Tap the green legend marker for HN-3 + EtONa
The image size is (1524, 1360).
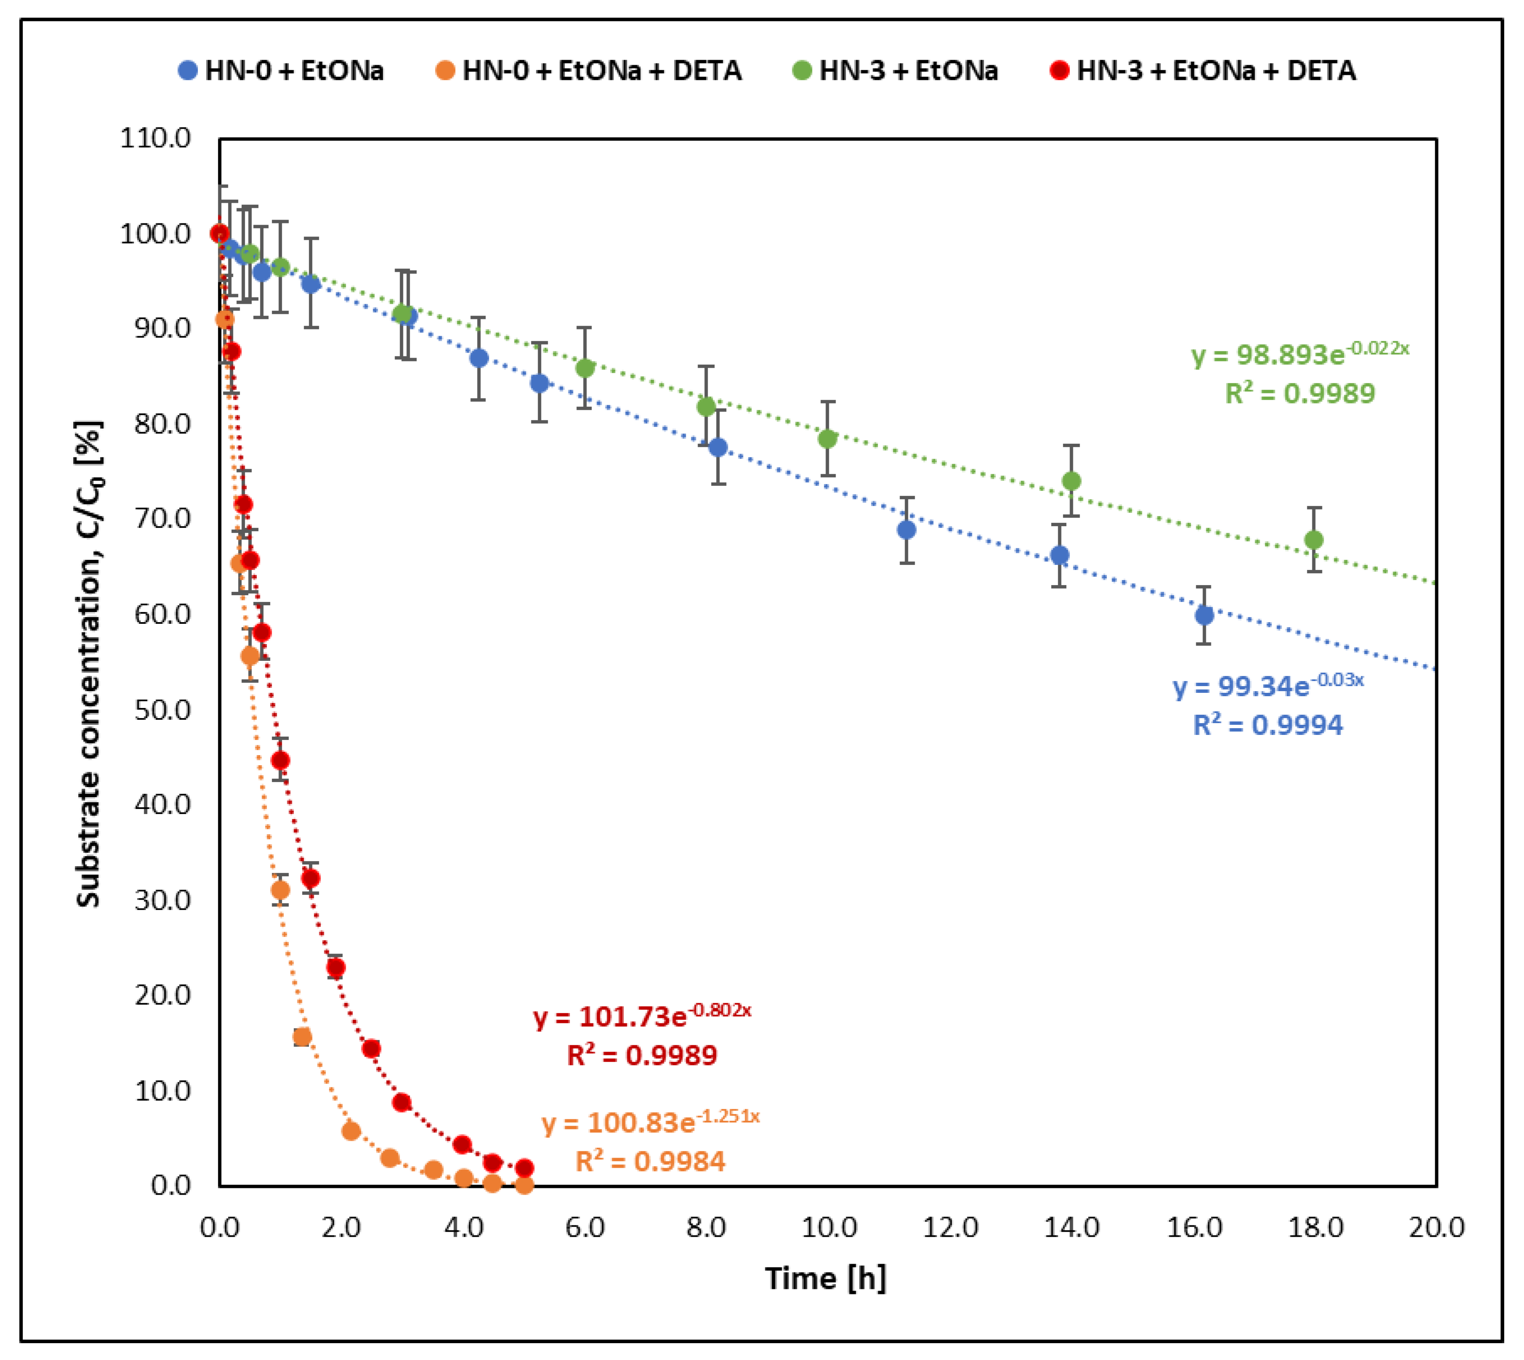pyautogui.click(x=802, y=71)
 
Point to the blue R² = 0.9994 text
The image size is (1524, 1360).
pyautogui.click(x=1268, y=725)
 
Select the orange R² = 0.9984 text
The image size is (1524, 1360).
pyautogui.click(x=650, y=1161)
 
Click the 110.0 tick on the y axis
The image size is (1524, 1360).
pyautogui.click(x=155, y=138)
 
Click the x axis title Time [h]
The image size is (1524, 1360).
pyautogui.click(x=825, y=1278)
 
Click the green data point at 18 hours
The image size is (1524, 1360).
pyautogui.click(x=1313, y=540)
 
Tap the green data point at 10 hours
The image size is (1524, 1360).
pyautogui.click(x=827, y=439)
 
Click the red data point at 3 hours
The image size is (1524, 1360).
pyautogui.click(x=401, y=1102)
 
